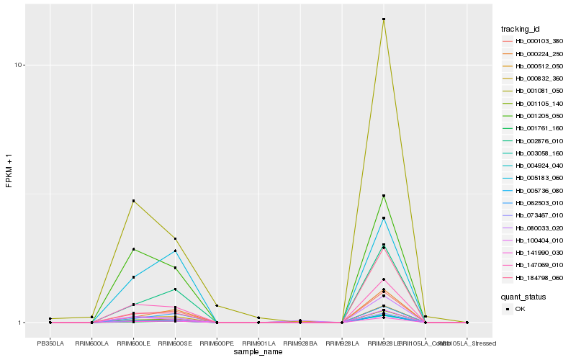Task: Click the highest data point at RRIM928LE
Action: click(x=384, y=19)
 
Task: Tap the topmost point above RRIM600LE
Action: click(x=133, y=201)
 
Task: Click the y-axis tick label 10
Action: click(x=20, y=65)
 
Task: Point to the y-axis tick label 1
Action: click(x=22, y=323)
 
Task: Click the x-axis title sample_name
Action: click(x=258, y=352)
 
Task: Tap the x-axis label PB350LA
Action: click(x=50, y=343)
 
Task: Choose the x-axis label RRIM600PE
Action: click(x=217, y=343)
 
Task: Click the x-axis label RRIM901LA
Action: click(x=258, y=343)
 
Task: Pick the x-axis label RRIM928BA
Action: click(x=300, y=343)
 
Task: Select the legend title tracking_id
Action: click(x=521, y=29)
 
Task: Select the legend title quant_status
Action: click(x=523, y=296)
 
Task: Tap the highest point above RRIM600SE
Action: click(x=175, y=238)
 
